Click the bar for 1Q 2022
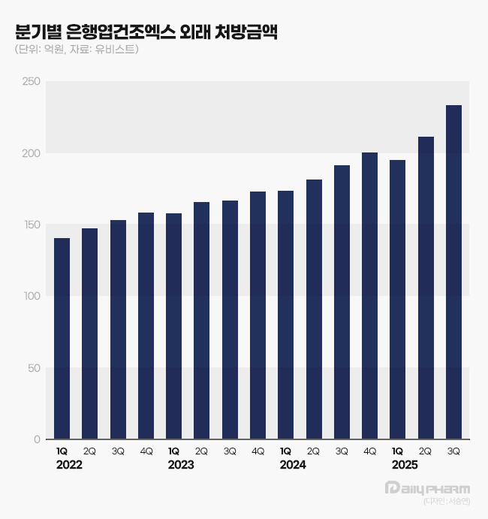[62, 338]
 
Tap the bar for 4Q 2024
[369, 296]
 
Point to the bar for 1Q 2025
[398, 300]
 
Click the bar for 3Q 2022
[118, 330]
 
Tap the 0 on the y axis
[37, 439]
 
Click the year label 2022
[69, 466]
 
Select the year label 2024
[293, 466]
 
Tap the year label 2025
[405, 466]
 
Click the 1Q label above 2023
[173, 451]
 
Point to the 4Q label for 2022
[146, 451]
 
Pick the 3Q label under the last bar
[453, 451]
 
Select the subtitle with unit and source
[77, 50]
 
